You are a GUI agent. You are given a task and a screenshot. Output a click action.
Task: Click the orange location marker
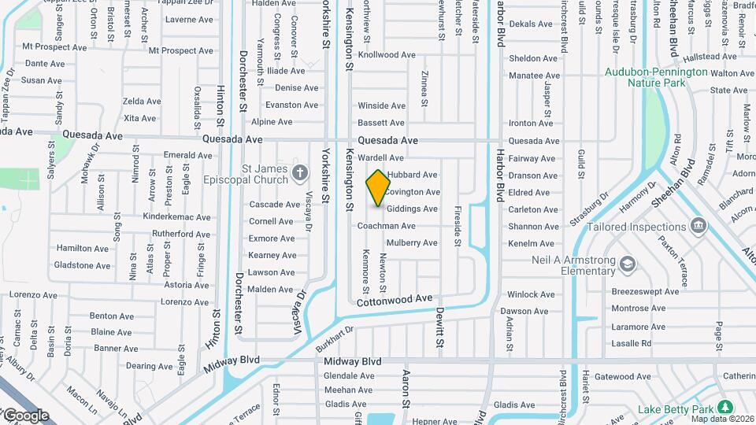[378, 188]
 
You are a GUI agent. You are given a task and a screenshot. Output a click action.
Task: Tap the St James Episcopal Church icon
[298, 172]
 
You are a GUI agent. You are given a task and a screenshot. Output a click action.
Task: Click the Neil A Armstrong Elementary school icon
[627, 263]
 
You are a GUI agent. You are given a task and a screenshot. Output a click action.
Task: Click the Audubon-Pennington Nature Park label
[656, 77]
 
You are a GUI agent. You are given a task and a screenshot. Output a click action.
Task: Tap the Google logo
[26, 415]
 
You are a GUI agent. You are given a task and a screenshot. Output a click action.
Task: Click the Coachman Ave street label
[386, 226]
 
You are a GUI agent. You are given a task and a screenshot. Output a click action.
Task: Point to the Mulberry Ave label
[411, 243]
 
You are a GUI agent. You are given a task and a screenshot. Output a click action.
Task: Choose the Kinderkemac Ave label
[177, 216]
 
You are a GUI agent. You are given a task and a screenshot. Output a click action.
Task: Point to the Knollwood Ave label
[386, 56]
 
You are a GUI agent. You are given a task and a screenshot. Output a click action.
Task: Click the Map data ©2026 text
[721, 418]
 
